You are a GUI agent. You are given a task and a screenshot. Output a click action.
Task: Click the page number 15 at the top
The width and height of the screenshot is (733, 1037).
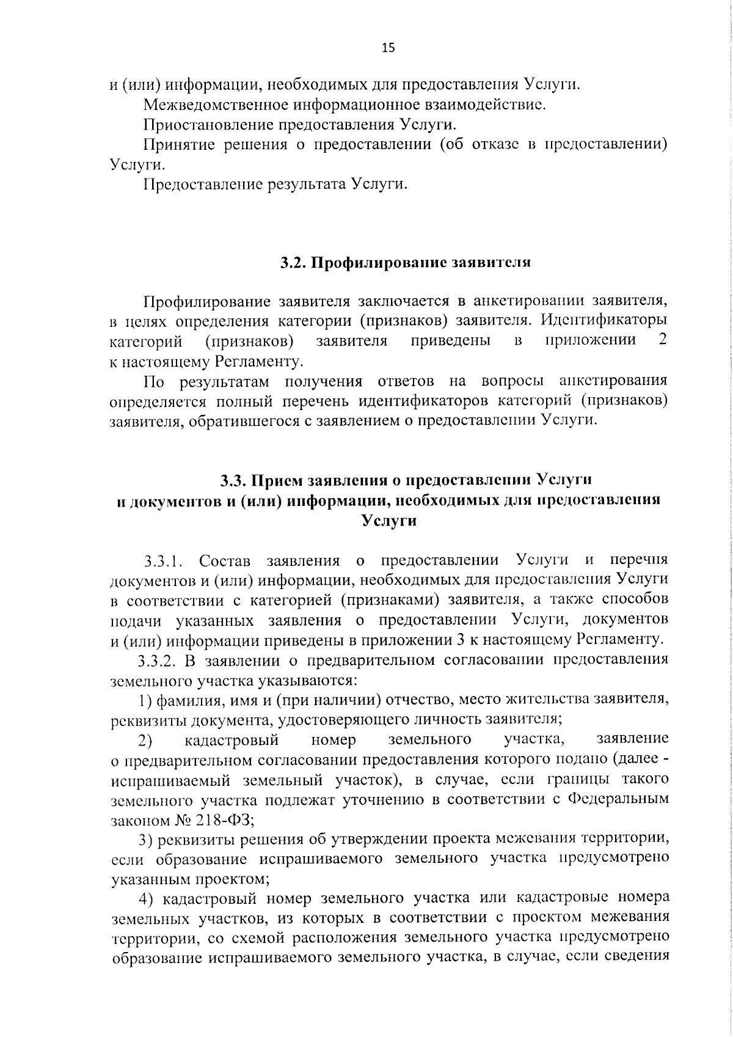click(388, 48)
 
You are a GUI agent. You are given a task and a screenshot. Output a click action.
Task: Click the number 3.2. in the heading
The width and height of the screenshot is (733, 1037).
click(293, 263)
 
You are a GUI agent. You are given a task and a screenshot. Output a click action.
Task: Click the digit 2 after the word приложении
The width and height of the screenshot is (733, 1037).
click(662, 340)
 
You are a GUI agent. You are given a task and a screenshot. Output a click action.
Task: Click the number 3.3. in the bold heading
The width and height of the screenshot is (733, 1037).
click(234, 480)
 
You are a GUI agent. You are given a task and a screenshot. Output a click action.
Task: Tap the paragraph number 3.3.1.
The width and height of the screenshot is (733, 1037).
click(164, 560)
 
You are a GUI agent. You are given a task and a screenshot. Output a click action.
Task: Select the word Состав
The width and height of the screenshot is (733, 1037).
click(225, 560)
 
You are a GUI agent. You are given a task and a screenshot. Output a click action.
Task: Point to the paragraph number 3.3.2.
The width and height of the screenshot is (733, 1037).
click(157, 661)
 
